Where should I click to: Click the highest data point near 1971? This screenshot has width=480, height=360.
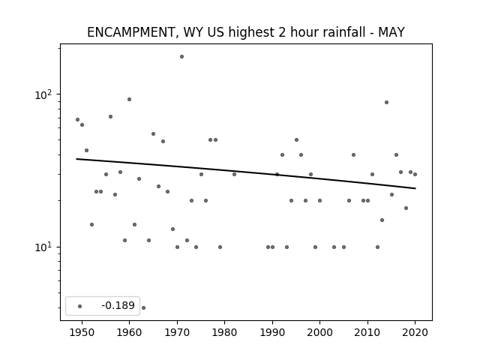click(x=181, y=57)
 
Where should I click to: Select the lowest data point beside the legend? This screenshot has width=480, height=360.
click(x=143, y=308)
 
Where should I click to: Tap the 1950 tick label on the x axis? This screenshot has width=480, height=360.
click(x=82, y=332)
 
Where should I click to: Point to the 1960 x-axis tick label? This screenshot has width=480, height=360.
click(x=129, y=332)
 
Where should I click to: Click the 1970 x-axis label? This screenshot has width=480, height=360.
click(x=177, y=332)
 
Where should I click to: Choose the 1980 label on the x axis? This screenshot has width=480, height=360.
click(x=225, y=332)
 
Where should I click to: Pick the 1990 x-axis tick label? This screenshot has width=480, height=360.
click(x=272, y=332)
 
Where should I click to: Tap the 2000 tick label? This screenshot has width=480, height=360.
click(x=320, y=332)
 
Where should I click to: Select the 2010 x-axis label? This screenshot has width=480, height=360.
click(x=367, y=332)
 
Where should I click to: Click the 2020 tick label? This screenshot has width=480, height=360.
click(x=415, y=332)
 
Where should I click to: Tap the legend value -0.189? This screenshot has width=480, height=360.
click(x=118, y=305)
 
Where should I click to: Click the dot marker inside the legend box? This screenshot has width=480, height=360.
click(x=80, y=307)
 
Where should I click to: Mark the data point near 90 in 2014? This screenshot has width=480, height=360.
click(x=387, y=103)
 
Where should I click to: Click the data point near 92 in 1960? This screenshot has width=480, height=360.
click(x=129, y=100)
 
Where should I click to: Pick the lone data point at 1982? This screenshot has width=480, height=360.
click(x=234, y=175)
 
